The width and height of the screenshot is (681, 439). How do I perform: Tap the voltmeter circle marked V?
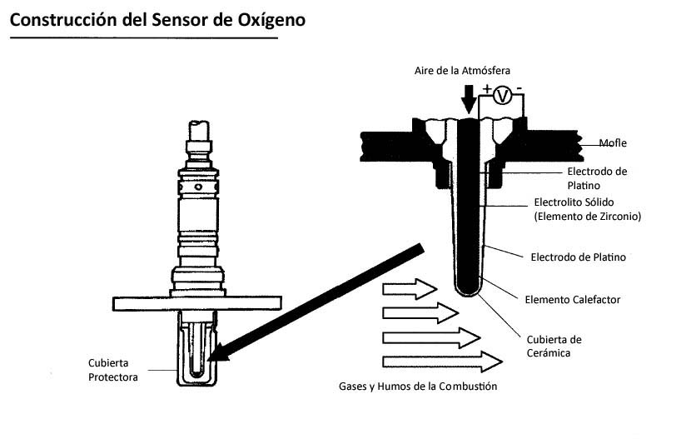[x=502, y=96]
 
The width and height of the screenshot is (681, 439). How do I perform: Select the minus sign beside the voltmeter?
[x=519, y=88]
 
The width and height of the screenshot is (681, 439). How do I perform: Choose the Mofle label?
[x=613, y=142]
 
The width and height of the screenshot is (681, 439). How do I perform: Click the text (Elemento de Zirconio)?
[x=586, y=217]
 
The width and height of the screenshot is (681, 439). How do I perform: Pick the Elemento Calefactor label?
[x=573, y=299]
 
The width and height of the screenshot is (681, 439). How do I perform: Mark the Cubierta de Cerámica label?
[x=554, y=346]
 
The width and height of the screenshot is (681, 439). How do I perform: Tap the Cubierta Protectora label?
[x=113, y=370]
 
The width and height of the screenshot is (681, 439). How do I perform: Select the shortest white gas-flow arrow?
[x=409, y=290]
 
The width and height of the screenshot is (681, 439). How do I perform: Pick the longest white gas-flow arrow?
[x=441, y=362]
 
